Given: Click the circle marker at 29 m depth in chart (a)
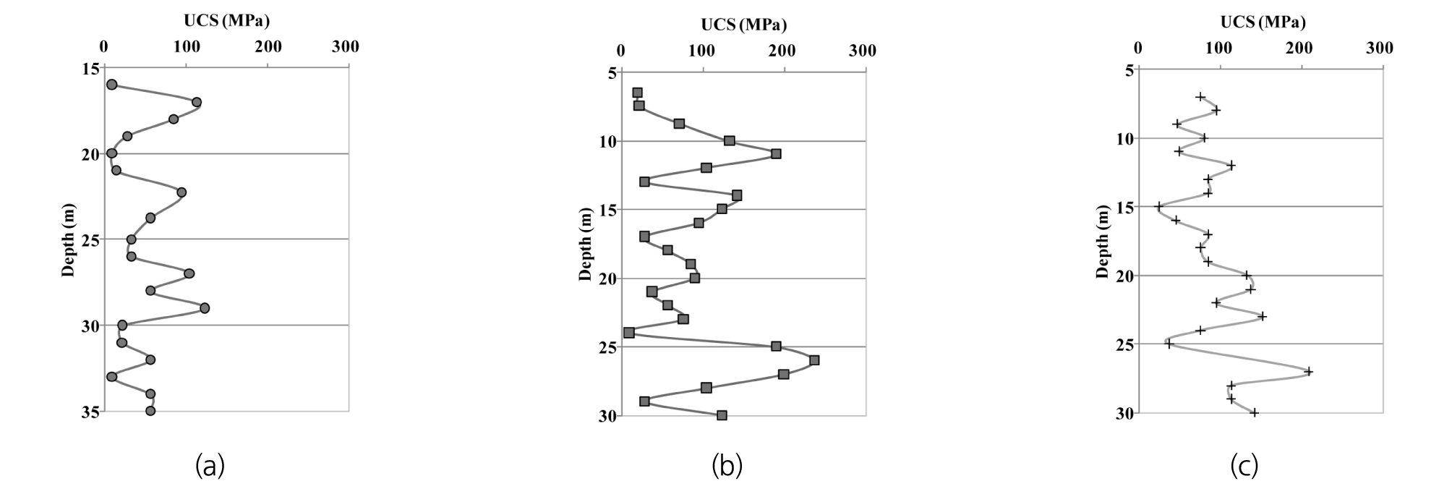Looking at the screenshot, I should pyautogui.click(x=205, y=308).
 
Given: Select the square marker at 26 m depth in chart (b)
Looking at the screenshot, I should pyautogui.click(x=814, y=360).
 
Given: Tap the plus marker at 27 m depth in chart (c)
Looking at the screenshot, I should pyautogui.click(x=1309, y=372).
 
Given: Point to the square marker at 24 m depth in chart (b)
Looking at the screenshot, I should pyautogui.click(x=629, y=333).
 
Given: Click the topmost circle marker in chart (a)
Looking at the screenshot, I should pyautogui.click(x=111, y=85).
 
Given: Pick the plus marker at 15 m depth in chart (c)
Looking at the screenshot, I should pyautogui.click(x=1159, y=207).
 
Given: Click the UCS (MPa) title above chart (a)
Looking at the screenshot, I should pyautogui.click(x=226, y=22).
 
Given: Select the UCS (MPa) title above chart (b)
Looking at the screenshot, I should pyautogui.click(x=743, y=25).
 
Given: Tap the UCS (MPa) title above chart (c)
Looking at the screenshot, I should pyautogui.click(x=1263, y=22).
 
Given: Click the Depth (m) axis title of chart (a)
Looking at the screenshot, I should pyautogui.click(x=69, y=240).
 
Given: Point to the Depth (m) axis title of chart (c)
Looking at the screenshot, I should pyautogui.click(x=1102, y=242).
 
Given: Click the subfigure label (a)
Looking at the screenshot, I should pyautogui.click(x=210, y=466).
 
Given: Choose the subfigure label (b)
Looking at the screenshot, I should pyautogui.click(x=727, y=466).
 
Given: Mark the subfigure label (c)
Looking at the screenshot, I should pyautogui.click(x=1244, y=466).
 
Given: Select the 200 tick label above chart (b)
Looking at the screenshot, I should pyautogui.click(x=783, y=51).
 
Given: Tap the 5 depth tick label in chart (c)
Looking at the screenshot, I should pyautogui.click(x=1129, y=70).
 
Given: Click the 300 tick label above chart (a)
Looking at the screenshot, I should pyautogui.click(x=346, y=47).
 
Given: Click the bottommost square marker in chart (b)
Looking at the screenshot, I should pyautogui.click(x=722, y=415).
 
